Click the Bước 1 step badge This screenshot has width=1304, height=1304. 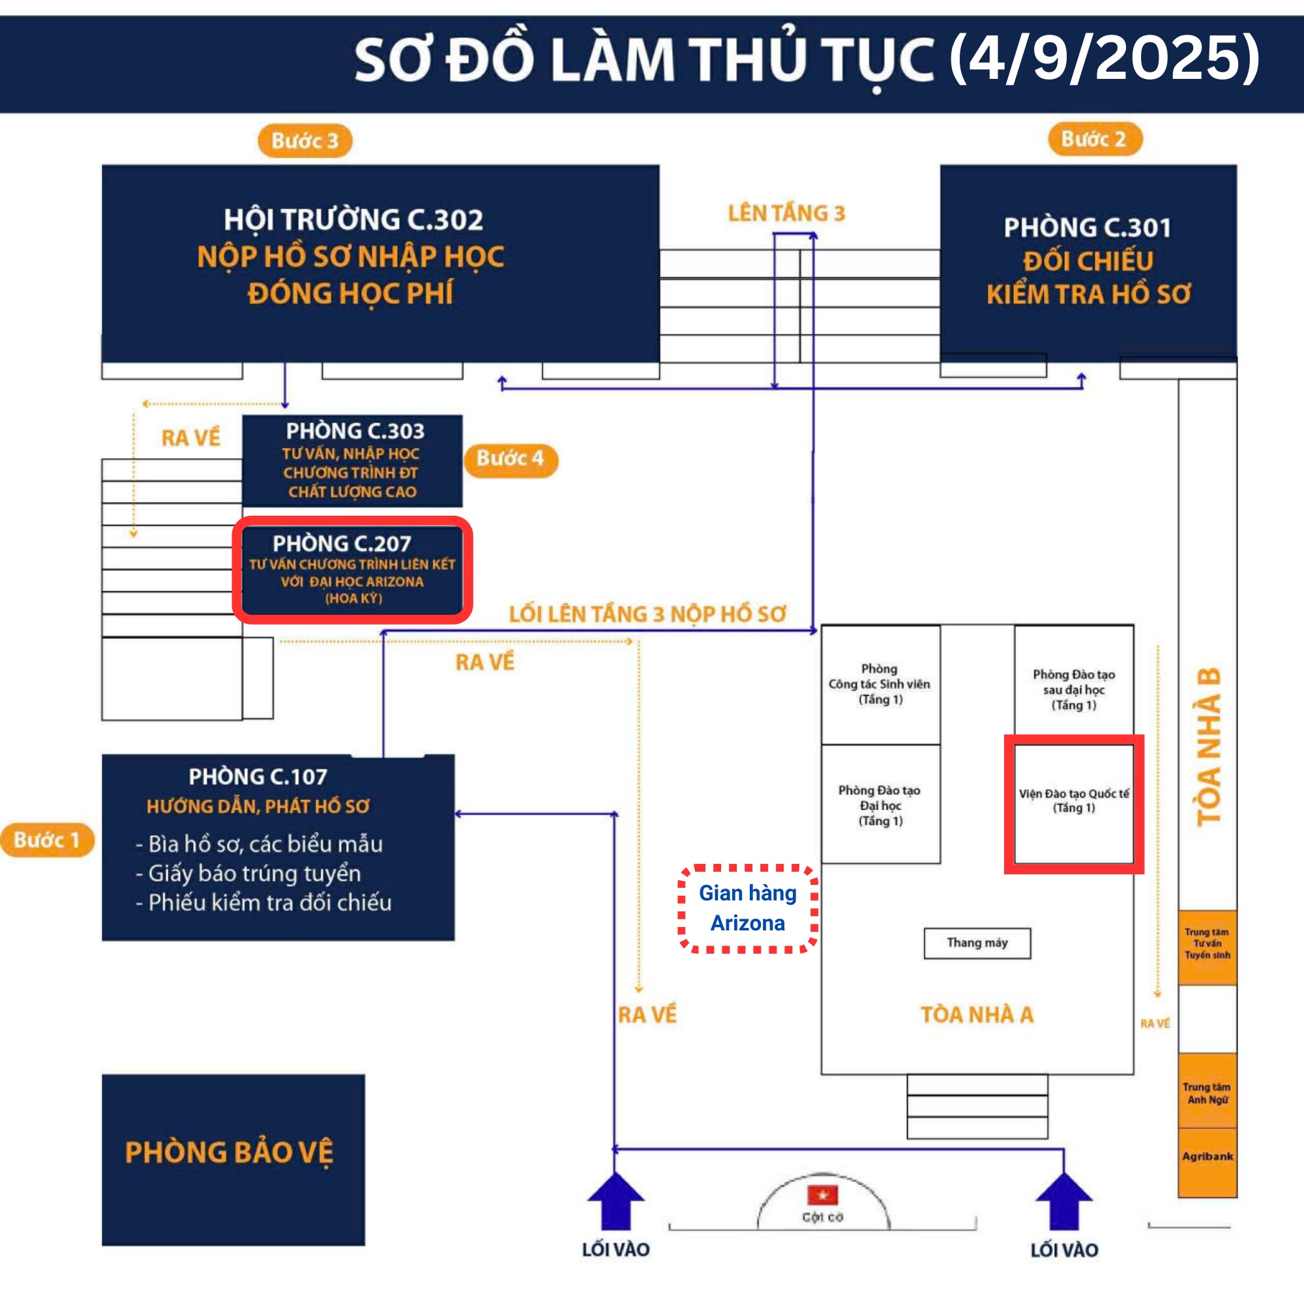tap(47, 840)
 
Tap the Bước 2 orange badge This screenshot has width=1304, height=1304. tap(1095, 139)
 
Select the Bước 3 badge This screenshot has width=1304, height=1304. tap(305, 140)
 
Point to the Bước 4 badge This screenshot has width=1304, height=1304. tap(511, 459)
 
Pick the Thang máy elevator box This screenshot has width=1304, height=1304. tap(977, 943)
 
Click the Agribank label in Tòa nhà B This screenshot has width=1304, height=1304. tap(1208, 1156)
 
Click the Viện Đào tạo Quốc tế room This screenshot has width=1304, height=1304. tap(1074, 804)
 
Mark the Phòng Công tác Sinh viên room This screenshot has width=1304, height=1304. tap(881, 685)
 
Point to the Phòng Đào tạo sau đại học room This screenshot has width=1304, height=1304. tap(1074, 685)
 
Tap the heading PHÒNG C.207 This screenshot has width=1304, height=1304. tap(342, 543)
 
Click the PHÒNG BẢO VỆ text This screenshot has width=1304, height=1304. tap(230, 1153)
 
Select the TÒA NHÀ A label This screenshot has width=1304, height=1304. tap(977, 1015)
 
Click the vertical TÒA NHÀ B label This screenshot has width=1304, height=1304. tap(1208, 747)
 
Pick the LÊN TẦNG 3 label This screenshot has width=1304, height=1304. tap(786, 213)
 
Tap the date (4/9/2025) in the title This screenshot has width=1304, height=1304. tap(1105, 59)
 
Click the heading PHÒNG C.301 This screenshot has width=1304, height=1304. tap(1088, 228)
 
